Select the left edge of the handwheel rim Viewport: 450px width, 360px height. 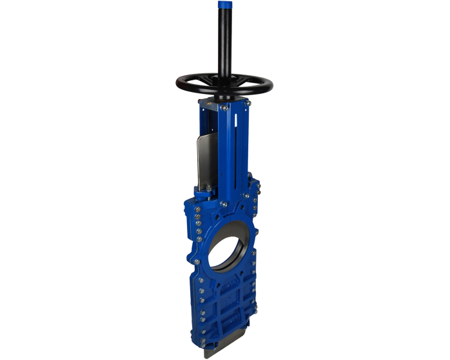178,82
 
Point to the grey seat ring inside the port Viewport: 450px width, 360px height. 247,251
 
